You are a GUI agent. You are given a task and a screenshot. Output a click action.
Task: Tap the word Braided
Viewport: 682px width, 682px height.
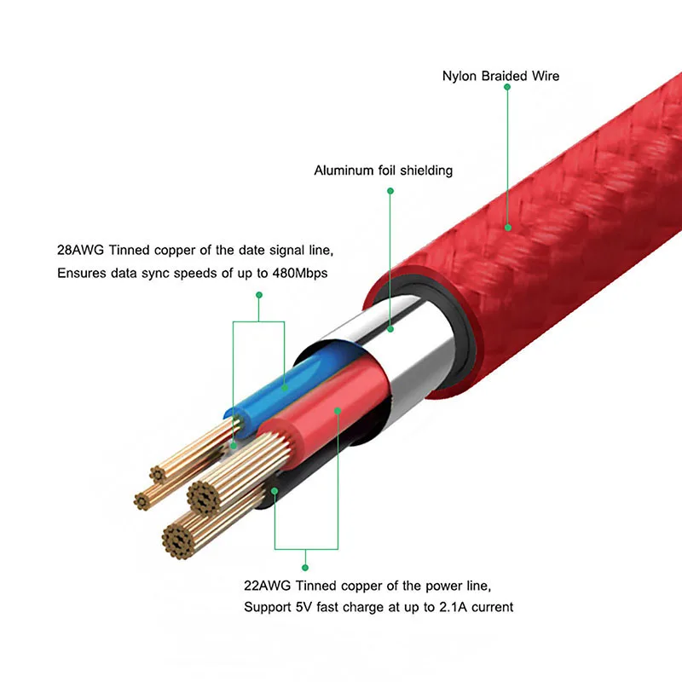coord(503,77)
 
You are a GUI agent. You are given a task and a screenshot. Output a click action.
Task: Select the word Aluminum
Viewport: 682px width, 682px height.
coord(344,170)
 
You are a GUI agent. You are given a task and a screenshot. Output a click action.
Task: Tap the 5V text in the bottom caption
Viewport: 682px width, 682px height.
coord(300,608)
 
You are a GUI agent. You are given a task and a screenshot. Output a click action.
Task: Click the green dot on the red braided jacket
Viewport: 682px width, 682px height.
coord(508,227)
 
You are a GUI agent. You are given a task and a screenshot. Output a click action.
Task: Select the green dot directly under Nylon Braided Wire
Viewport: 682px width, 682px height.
coord(507,87)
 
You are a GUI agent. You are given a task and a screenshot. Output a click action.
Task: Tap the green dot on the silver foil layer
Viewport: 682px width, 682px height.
coord(390,327)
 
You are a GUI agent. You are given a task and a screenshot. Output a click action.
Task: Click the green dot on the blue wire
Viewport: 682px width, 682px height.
coord(285,389)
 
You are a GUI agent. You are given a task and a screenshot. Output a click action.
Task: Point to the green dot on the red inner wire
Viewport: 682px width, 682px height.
coord(338,411)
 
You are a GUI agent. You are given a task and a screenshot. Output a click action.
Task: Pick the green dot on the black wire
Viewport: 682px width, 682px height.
coord(274,490)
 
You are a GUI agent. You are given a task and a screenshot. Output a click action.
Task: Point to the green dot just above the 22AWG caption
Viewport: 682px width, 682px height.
coord(305,566)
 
